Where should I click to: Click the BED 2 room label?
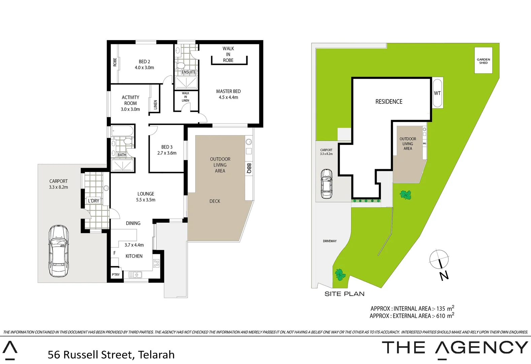click(x=144, y=62)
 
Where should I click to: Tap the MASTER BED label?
click(x=228, y=91)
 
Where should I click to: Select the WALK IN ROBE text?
click(x=228, y=54)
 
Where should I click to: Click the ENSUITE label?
click(x=189, y=72)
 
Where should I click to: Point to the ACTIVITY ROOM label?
click(x=130, y=100)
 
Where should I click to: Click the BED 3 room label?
click(x=167, y=147)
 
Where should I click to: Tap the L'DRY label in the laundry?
click(x=94, y=201)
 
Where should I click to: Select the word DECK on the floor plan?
click(x=215, y=201)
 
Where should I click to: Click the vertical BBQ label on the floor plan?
click(x=249, y=169)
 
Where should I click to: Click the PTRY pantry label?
click(x=116, y=275)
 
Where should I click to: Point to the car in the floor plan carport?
click(x=59, y=251)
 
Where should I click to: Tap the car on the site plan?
click(x=326, y=183)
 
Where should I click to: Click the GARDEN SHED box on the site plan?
click(x=484, y=61)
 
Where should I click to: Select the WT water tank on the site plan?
click(x=437, y=93)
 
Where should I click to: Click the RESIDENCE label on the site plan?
click(x=389, y=101)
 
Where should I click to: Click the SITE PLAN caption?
click(x=344, y=294)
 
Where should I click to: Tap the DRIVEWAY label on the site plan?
click(x=330, y=241)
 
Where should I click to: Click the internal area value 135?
click(x=441, y=309)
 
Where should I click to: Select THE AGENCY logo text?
click(x=455, y=348)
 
